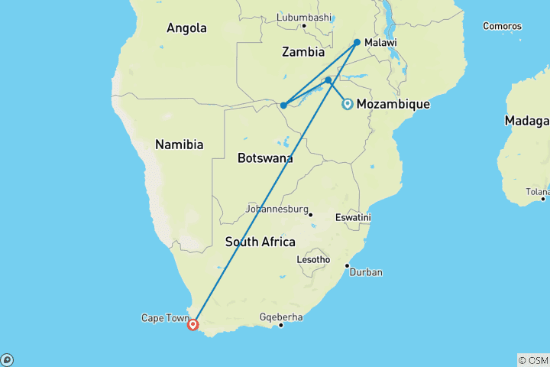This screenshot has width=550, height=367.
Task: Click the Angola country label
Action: (186, 28)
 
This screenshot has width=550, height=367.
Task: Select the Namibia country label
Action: (179, 144)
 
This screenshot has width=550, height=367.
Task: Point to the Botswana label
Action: (265, 158)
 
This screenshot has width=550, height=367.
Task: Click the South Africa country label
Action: (260, 242)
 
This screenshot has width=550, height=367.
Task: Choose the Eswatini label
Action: (353, 218)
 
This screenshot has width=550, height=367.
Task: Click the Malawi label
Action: (380, 43)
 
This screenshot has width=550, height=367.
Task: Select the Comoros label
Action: (502, 26)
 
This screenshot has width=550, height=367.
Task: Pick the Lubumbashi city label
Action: (304, 17)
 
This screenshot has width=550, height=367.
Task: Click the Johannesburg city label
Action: (276, 209)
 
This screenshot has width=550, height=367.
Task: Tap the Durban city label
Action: (367, 272)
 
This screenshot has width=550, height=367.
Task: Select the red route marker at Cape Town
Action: (192, 324)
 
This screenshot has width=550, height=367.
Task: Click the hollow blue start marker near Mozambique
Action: (348, 104)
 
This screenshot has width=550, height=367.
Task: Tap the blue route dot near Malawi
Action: (357, 42)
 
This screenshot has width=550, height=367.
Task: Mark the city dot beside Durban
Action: (348, 266)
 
